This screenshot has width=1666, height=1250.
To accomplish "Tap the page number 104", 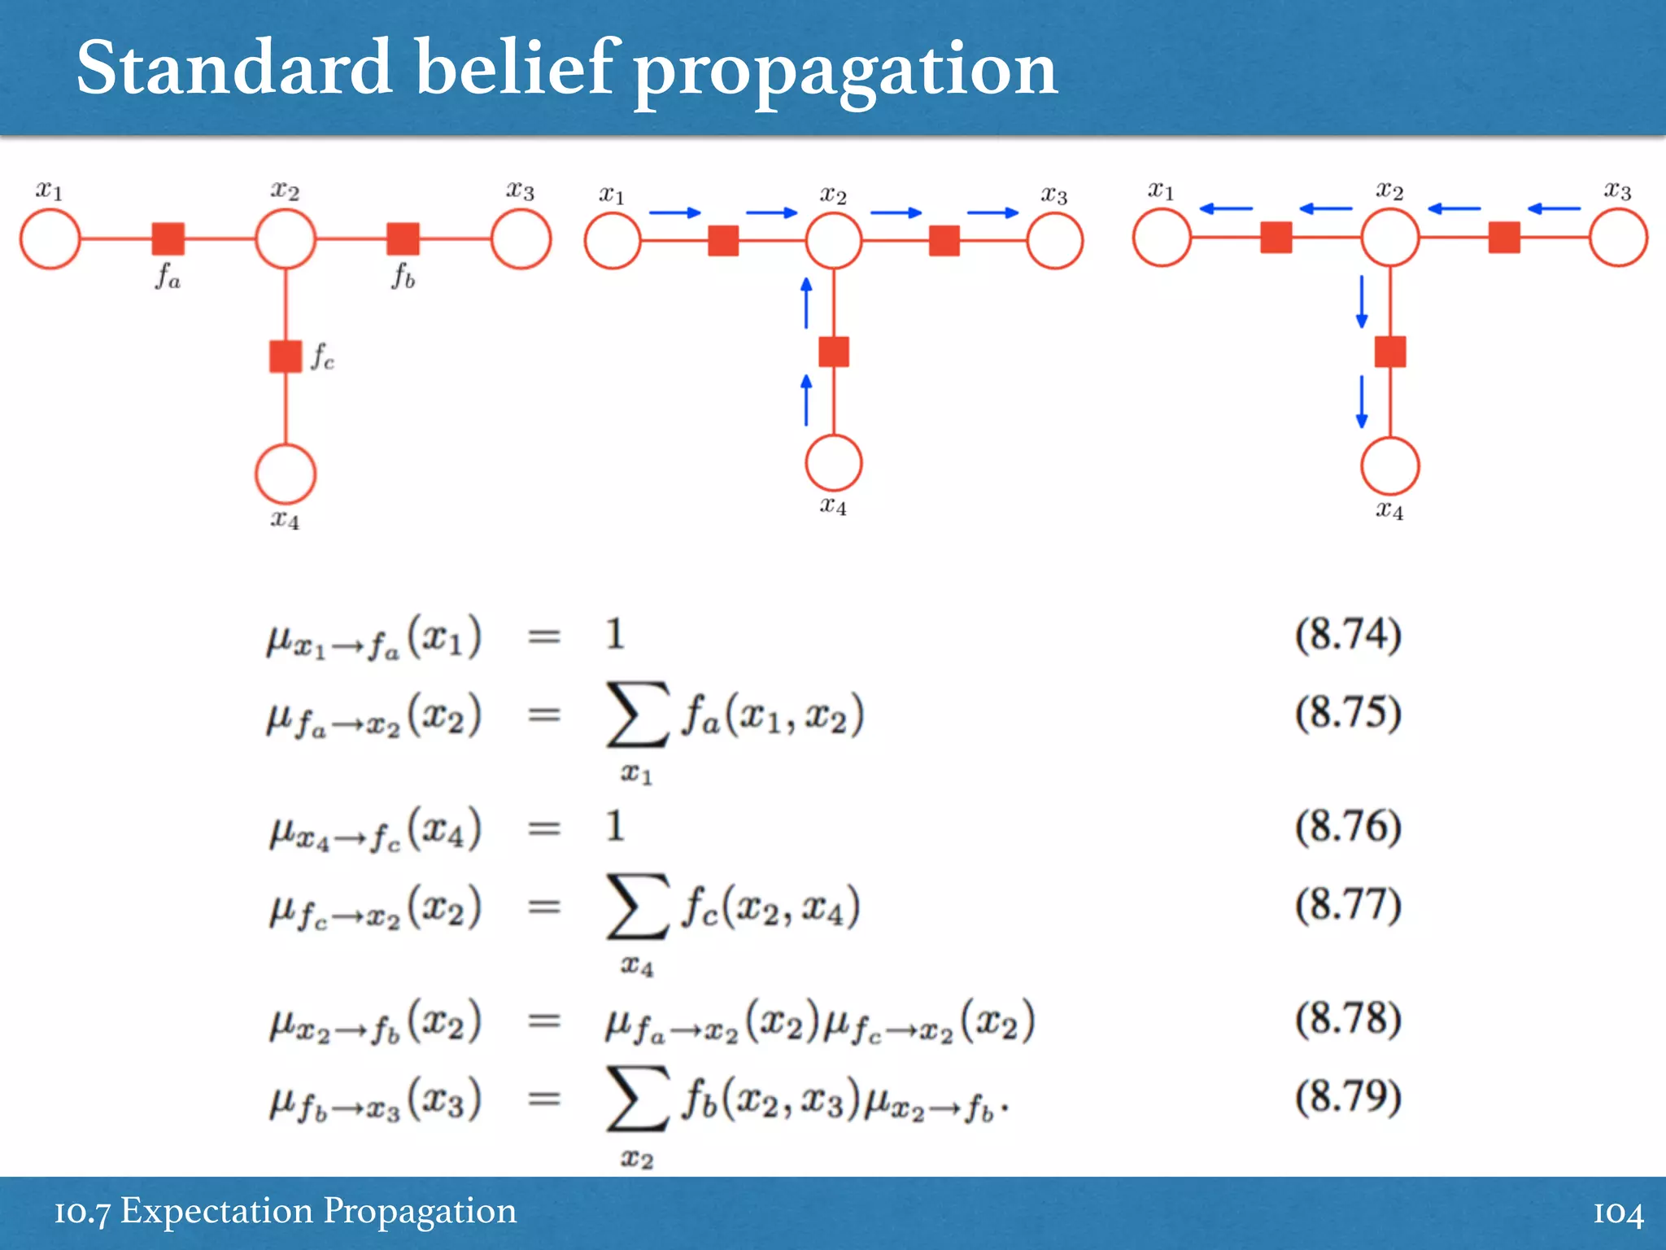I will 1617,1213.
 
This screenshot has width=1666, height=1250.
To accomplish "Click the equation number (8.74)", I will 1348,635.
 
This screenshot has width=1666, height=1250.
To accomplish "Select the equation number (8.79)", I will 1348,1096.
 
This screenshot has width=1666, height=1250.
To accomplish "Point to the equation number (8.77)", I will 1348,904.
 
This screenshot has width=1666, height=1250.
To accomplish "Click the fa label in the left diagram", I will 168,278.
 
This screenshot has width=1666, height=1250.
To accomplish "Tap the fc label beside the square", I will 322,356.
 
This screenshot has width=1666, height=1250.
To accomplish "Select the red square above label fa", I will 168,239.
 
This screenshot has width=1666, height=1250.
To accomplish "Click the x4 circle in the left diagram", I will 286,474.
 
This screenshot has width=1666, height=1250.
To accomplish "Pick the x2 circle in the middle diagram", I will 834,241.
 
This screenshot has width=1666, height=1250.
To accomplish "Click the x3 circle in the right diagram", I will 1618,238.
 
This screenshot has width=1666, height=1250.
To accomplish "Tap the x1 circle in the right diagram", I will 1162,238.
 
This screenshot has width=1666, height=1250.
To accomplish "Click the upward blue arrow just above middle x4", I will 806,400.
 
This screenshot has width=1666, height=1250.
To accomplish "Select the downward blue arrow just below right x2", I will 1362,301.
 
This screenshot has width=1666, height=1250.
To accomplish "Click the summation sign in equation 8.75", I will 638,715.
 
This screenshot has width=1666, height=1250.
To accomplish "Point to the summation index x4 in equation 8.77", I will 637,967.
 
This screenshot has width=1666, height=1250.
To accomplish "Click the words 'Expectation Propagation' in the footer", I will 318,1211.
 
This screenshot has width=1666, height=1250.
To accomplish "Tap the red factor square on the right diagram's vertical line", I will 1390,352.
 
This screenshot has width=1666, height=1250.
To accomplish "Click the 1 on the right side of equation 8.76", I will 615,827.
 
